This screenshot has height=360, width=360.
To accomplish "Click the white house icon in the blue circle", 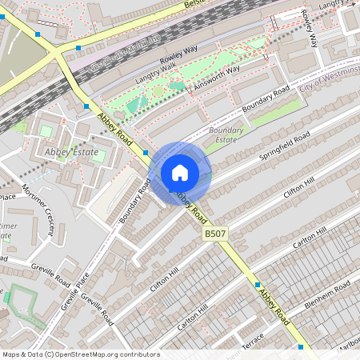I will tap(180, 172).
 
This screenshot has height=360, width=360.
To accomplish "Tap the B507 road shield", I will tap(214, 233).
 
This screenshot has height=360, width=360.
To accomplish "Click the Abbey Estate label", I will tap(73, 152).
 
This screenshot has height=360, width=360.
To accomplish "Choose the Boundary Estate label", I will tap(225, 134).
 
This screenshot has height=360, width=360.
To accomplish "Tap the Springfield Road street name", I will tap(279, 146).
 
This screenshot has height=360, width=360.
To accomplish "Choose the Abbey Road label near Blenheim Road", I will tap(274, 307).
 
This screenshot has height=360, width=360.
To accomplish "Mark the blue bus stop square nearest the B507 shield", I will tap(257, 284).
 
